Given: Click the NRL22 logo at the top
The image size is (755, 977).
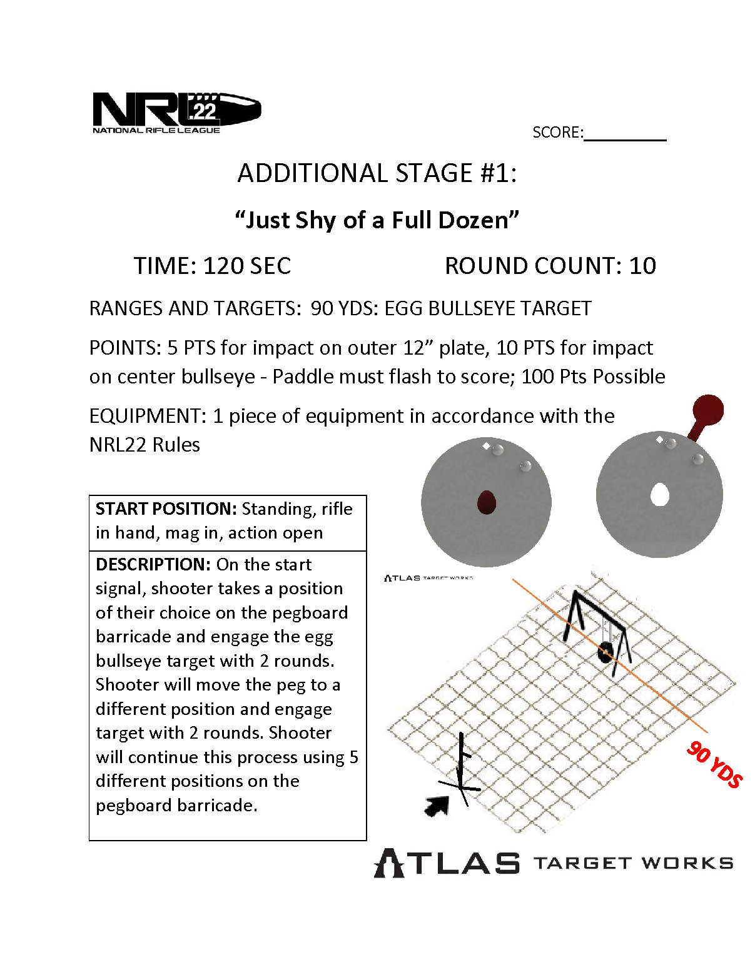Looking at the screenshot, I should pos(176,113).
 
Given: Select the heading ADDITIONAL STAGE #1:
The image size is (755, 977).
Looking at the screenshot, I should pos(377,173).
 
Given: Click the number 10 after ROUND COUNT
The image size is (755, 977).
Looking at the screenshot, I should pos(642,266).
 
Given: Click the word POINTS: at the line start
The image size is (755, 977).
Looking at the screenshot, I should pos(125,348).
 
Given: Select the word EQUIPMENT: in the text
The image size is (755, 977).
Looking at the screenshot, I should pos(148,416).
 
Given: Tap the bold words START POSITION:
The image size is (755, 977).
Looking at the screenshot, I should pos(166,509).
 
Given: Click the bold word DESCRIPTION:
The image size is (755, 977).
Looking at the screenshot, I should pos(153,564).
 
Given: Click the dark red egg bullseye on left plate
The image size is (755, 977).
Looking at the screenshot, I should pos(486,502).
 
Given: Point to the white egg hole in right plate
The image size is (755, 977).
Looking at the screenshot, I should pos(659,495).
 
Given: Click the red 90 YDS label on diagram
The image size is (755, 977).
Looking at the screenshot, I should pos(714,764).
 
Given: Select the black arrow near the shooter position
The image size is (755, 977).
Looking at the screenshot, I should pos(437,806).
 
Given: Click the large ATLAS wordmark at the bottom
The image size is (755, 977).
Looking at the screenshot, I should pos(447,864).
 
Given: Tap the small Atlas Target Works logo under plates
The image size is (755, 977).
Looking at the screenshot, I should pos(428,578).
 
